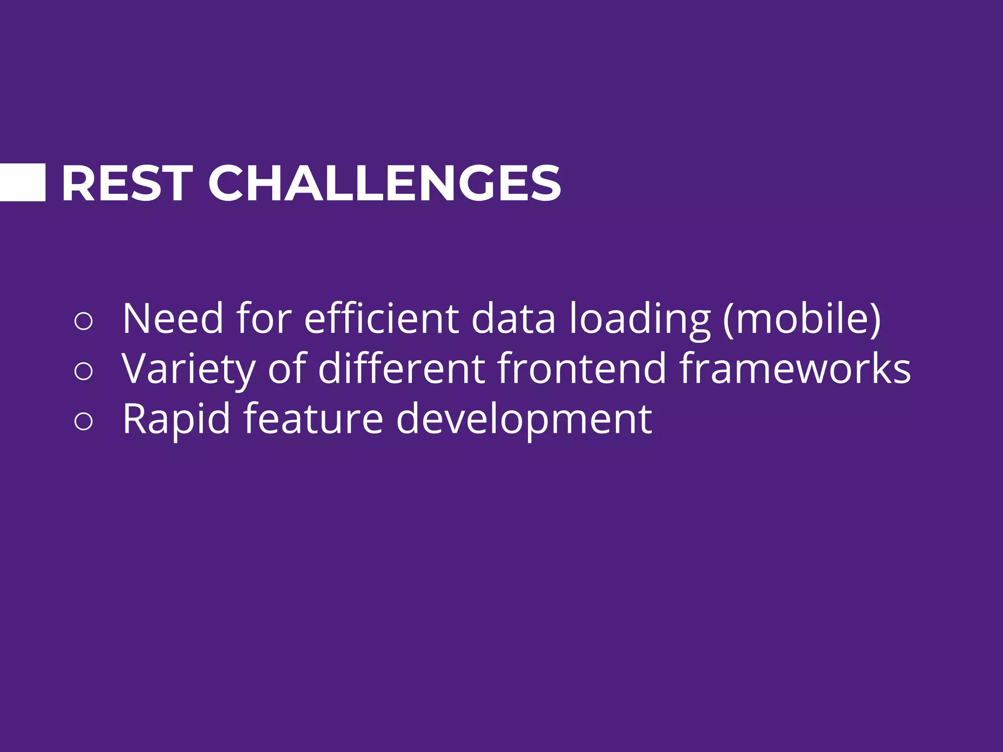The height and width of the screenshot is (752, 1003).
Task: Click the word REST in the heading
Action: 126,184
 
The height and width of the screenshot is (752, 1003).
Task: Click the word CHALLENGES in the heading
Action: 384,184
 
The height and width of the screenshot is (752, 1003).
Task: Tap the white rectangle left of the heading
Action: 22,183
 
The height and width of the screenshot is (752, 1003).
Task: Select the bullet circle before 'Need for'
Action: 83,321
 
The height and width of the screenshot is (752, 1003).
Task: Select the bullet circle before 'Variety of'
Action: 83,371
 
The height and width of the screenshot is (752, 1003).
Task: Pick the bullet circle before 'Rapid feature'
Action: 83,421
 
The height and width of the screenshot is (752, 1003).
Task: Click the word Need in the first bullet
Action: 173,319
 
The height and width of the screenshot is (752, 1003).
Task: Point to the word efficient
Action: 381,319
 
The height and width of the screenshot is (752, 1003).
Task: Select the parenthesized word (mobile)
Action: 802,319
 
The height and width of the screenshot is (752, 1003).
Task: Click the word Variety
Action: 189,370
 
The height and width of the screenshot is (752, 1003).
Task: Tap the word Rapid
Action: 176,420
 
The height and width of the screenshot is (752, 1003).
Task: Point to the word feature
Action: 313,419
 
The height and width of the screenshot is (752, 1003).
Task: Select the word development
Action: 524,420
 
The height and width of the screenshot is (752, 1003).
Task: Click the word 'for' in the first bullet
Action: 264,319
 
